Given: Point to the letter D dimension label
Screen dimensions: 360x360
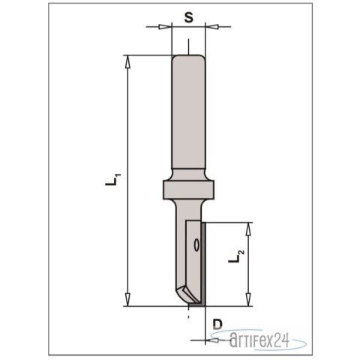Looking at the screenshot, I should (217, 324).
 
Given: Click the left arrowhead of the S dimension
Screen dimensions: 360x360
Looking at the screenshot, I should (166, 28).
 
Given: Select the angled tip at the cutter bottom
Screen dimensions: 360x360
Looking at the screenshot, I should (184, 294).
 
